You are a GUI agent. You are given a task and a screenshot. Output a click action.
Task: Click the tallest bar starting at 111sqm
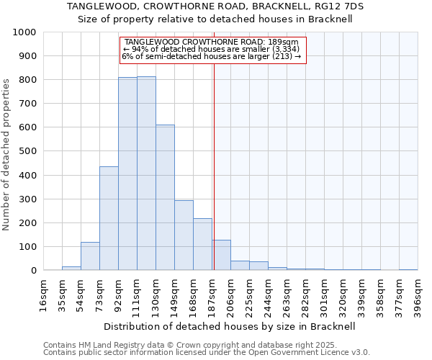[x=146, y=174]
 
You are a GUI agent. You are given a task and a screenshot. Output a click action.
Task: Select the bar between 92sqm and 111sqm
[x=127, y=174]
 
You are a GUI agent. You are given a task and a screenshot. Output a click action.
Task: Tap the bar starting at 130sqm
[x=165, y=197]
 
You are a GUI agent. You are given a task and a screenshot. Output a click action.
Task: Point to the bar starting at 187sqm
[x=221, y=255]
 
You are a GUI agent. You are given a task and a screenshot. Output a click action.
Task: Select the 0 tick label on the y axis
[x=33, y=271]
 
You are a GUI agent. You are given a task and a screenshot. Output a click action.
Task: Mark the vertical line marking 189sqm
[x=213, y=166]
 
